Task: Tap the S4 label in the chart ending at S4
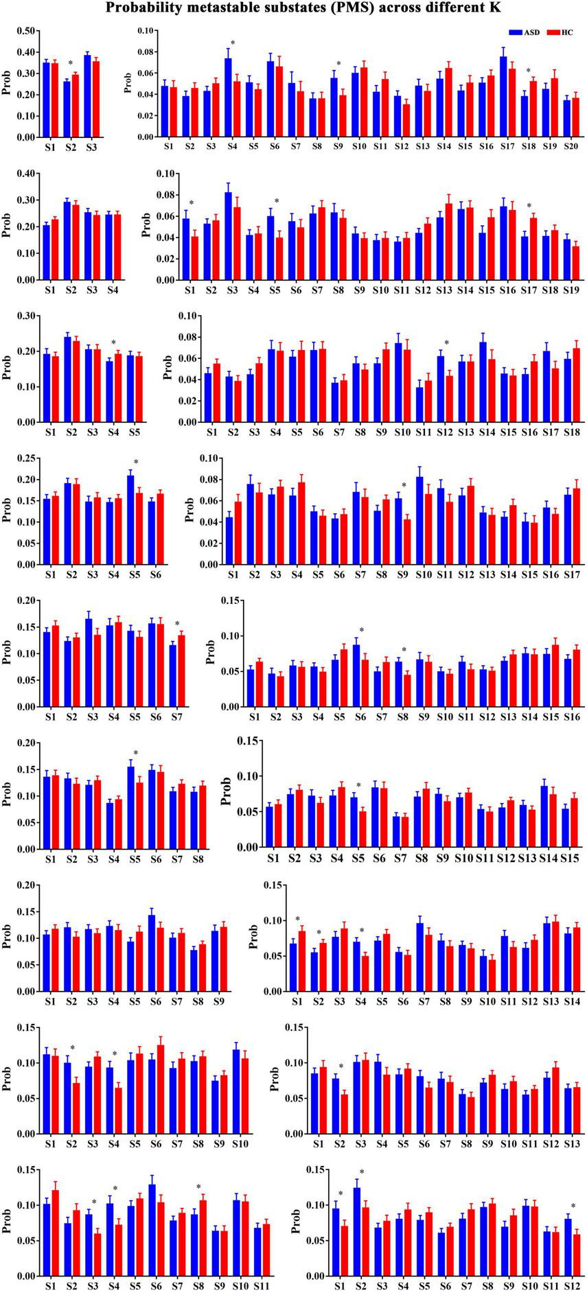(x=111, y=290)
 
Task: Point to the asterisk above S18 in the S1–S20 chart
(x=529, y=71)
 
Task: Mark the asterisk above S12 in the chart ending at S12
(x=573, y=1207)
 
